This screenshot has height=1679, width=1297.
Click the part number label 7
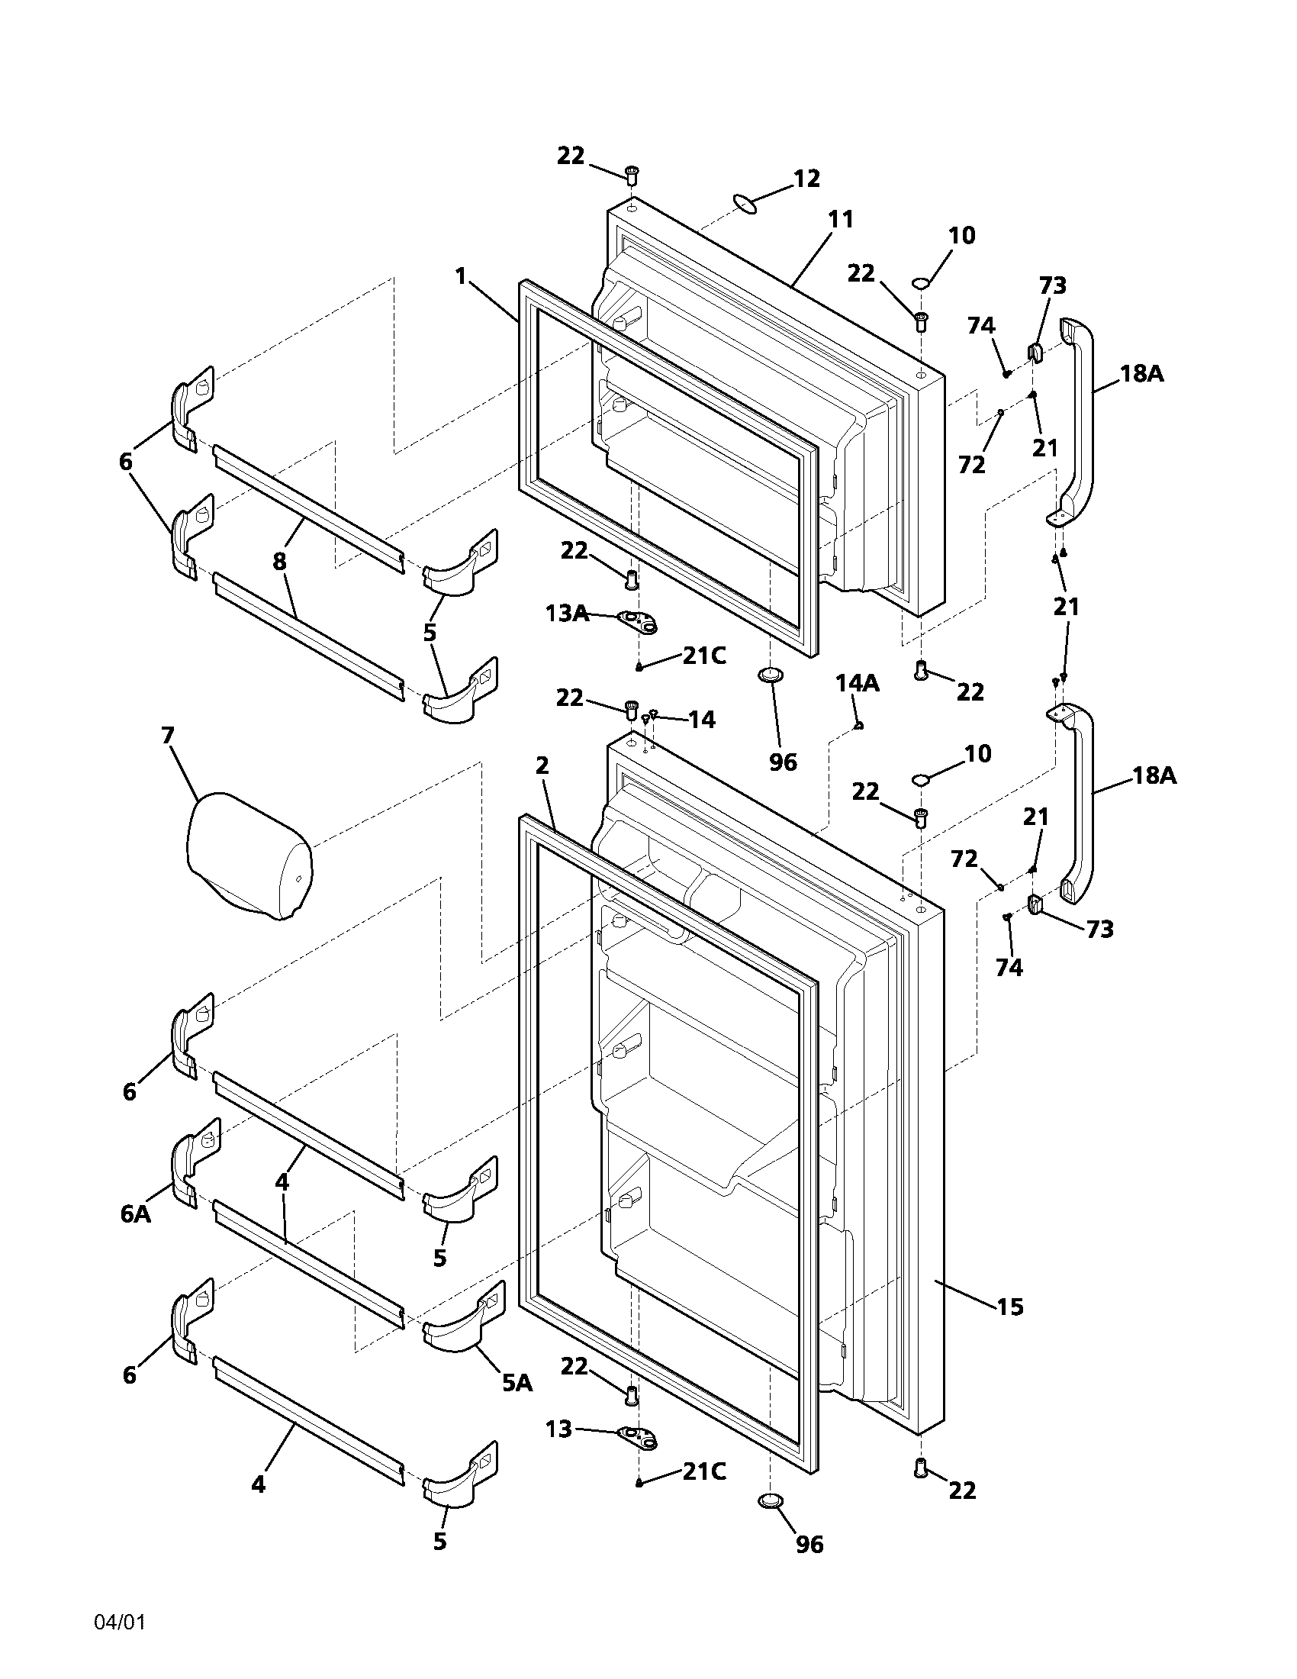pos(168,736)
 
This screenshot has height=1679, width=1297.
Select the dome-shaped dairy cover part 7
pos(248,855)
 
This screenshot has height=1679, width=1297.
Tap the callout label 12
pos(806,179)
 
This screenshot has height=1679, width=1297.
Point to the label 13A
pos(567,613)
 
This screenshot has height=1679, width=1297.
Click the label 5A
pos(517,1383)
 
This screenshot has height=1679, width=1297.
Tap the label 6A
pos(135,1214)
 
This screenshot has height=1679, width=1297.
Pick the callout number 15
pos(1010,1306)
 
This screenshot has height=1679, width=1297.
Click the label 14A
pos(858,683)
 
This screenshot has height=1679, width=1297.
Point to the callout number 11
pos(841,219)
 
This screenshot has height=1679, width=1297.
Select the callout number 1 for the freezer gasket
pos(460,276)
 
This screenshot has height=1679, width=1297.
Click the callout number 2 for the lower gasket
pos(542,765)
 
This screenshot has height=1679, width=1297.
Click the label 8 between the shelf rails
pos(279,561)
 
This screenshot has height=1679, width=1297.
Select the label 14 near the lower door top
pos(700,720)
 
